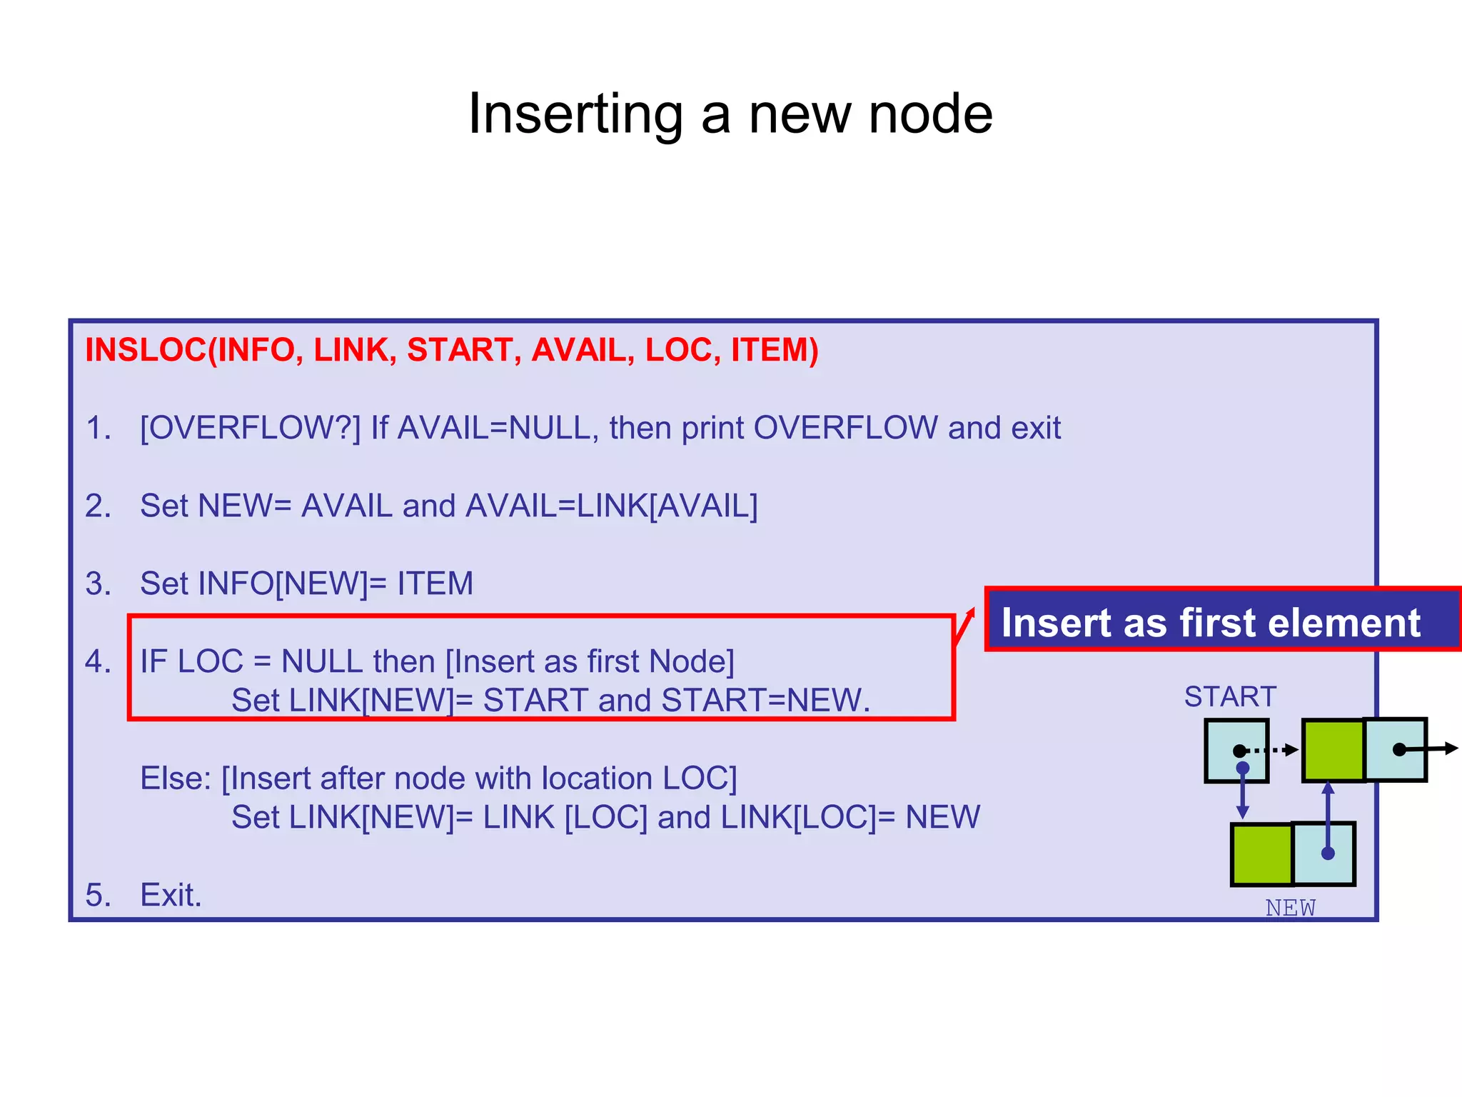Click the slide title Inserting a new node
pos(730,114)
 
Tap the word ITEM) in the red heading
pos(774,350)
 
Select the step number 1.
pos(97,429)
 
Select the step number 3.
pos(97,584)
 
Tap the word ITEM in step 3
pos(435,584)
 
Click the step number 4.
pos(97,662)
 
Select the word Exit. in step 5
pos(171,896)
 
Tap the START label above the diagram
pos(1230,697)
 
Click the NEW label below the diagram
pos(1290,908)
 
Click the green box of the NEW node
pos(1262,854)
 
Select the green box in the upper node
pos(1333,751)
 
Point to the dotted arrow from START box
pos(1274,750)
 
